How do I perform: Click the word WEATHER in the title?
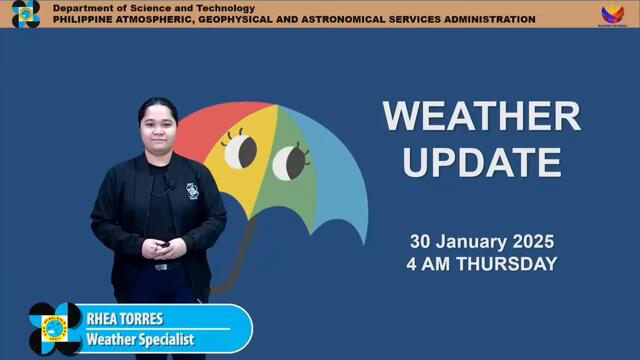click(x=481, y=116)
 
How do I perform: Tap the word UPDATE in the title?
click(x=481, y=161)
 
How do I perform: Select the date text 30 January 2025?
click(x=481, y=242)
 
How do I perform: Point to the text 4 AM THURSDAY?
click(x=481, y=265)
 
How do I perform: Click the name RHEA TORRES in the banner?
click(x=124, y=320)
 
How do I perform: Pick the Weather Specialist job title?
click(x=139, y=340)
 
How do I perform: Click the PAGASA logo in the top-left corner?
click(x=25, y=14)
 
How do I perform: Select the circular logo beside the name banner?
click(x=55, y=329)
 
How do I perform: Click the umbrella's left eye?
click(x=240, y=152)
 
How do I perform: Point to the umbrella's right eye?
click(x=289, y=160)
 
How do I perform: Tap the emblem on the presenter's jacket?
click(x=192, y=190)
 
